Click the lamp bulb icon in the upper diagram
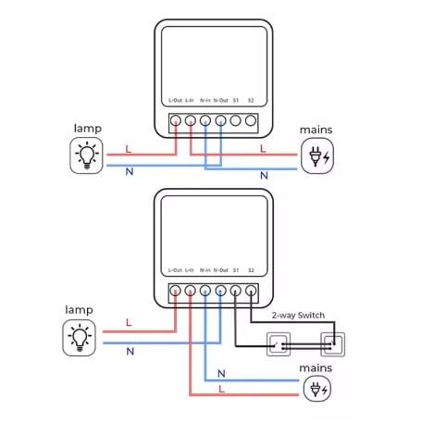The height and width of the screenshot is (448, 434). pyautogui.click(x=87, y=156)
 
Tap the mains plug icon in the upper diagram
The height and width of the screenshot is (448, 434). pyautogui.click(x=317, y=156)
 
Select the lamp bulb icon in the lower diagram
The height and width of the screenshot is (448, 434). pyautogui.click(x=80, y=338)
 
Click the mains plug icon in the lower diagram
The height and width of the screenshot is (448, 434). pyautogui.click(x=317, y=390)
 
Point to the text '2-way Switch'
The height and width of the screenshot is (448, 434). pyautogui.click(x=298, y=316)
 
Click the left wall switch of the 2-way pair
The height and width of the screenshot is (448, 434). pyautogui.click(x=279, y=344)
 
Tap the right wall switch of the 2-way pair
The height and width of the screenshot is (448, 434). pyautogui.click(x=333, y=344)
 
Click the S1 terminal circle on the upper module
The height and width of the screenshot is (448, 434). pyautogui.click(x=236, y=120)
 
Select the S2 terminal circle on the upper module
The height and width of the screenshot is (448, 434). pyautogui.click(x=251, y=120)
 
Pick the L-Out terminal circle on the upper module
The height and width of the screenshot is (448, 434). pyautogui.click(x=176, y=120)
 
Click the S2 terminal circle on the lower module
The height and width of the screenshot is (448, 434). pyautogui.click(x=251, y=291)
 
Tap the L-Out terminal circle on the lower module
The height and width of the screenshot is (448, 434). pyautogui.click(x=175, y=291)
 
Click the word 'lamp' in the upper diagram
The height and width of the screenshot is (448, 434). pyautogui.click(x=88, y=129)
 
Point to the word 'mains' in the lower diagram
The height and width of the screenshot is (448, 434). pyautogui.click(x=316, y=368)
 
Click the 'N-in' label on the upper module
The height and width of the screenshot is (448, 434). pyautogui.click(x=205, y=100)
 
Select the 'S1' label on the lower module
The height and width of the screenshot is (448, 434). pyautogui.click(x=236, y=270)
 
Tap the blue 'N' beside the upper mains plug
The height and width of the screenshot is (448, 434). pyautogui.click(x=264, y=176)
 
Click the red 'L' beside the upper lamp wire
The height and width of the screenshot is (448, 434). pyautogui.click(x=129, y=149)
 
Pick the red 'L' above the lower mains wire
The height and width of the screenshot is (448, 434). pyautogui.click(x=221, y=389)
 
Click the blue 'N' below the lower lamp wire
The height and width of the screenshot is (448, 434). pyautogui.click(x=130, y=351)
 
